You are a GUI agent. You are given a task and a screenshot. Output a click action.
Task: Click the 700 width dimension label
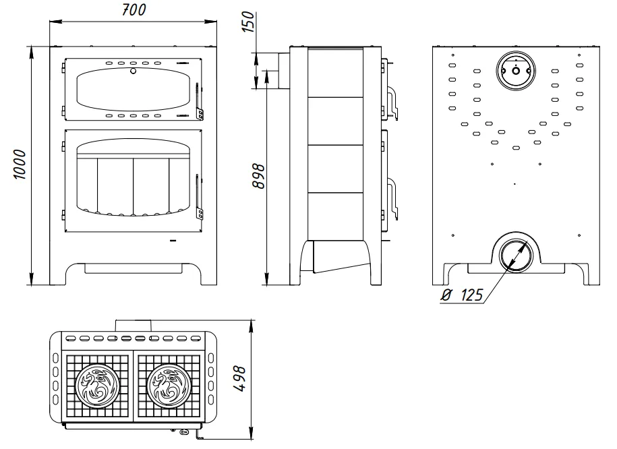pos(134,10)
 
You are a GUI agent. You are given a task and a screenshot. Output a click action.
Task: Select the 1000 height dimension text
pos(20,164)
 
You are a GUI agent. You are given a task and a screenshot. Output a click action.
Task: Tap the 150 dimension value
pos(248,22)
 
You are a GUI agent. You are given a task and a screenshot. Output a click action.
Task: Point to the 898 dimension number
pos(258,176)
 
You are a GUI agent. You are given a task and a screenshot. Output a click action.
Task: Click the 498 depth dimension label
pos(239,379)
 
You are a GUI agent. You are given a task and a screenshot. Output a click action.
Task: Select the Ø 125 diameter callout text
pos(462,295)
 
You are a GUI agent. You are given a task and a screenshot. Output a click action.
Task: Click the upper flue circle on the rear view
pos(516,71)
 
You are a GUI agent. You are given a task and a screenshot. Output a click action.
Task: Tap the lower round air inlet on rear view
pos(515,255)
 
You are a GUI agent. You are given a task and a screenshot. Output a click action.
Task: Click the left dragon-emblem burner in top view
pos(97,386)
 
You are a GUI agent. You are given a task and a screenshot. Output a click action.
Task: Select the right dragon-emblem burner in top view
pos(169,386)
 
